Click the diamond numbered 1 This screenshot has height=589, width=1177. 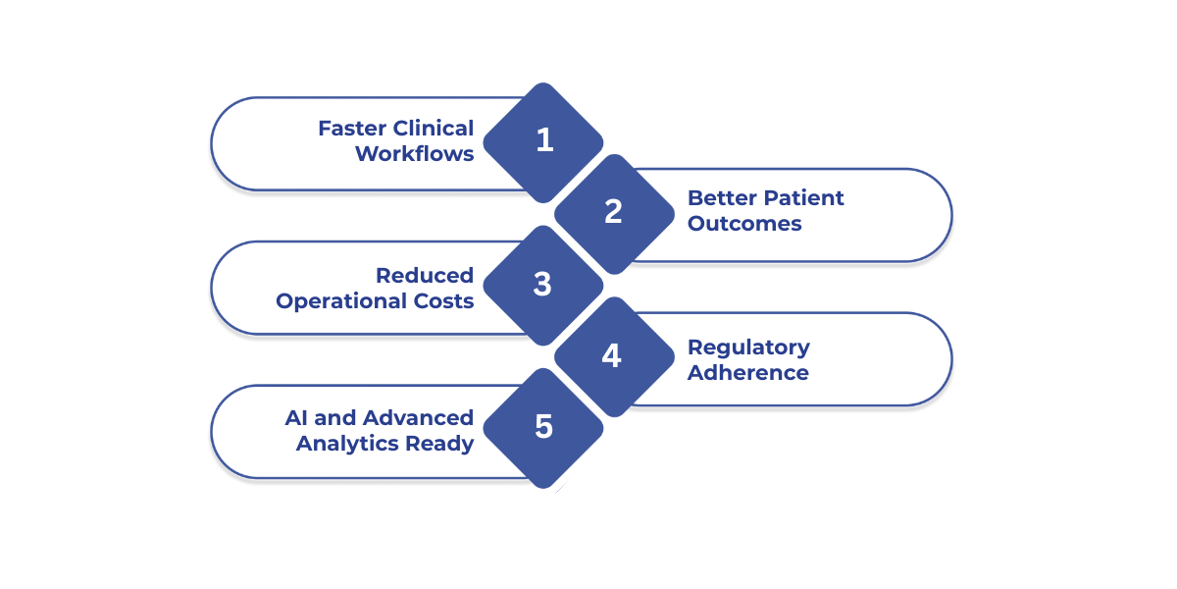tap(544, 141)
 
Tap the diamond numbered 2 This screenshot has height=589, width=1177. tap(614, 212)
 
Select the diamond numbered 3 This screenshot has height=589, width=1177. tap(543, 285)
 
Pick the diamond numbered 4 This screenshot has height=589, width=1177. tap(612, 356)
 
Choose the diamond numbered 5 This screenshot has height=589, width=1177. tap(543, 428)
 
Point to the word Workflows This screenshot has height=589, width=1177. tap(414, 154)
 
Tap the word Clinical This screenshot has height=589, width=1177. tap(433, 129)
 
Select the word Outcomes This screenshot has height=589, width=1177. tap(744, 224)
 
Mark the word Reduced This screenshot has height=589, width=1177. tap(425, 276)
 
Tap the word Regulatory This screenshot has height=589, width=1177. tap(748, 348)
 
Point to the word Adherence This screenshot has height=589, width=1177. tap(748, 373)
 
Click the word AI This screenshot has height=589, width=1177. tap(296, 418)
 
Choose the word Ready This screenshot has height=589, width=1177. tap(439, 444)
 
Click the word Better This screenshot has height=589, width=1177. tap(722, 198)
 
